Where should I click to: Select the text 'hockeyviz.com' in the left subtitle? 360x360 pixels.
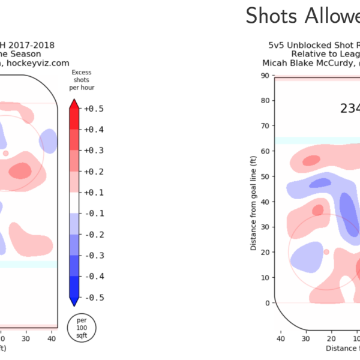[43, 63]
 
